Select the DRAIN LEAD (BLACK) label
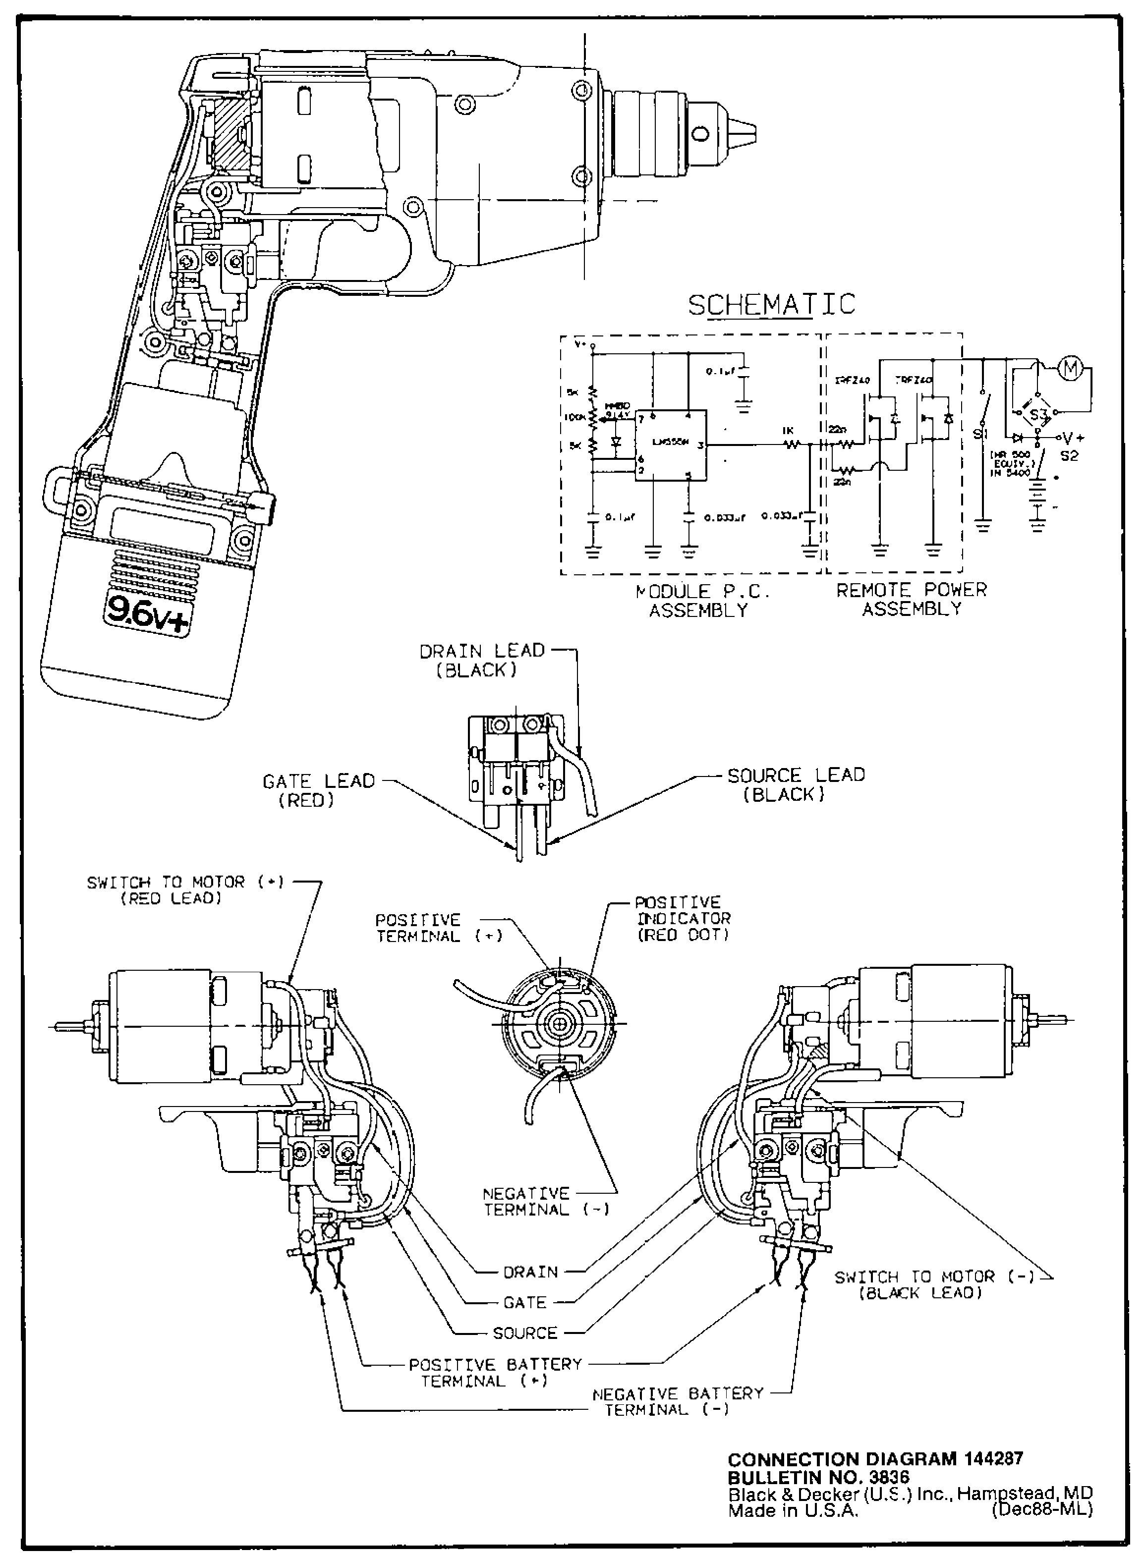(482, 661)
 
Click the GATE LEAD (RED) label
(318, 790)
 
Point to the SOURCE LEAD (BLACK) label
(796, 784)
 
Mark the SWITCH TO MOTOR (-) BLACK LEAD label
(934, 1284)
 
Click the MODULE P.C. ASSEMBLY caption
(703, 601)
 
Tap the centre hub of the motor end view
(559, 1022)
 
